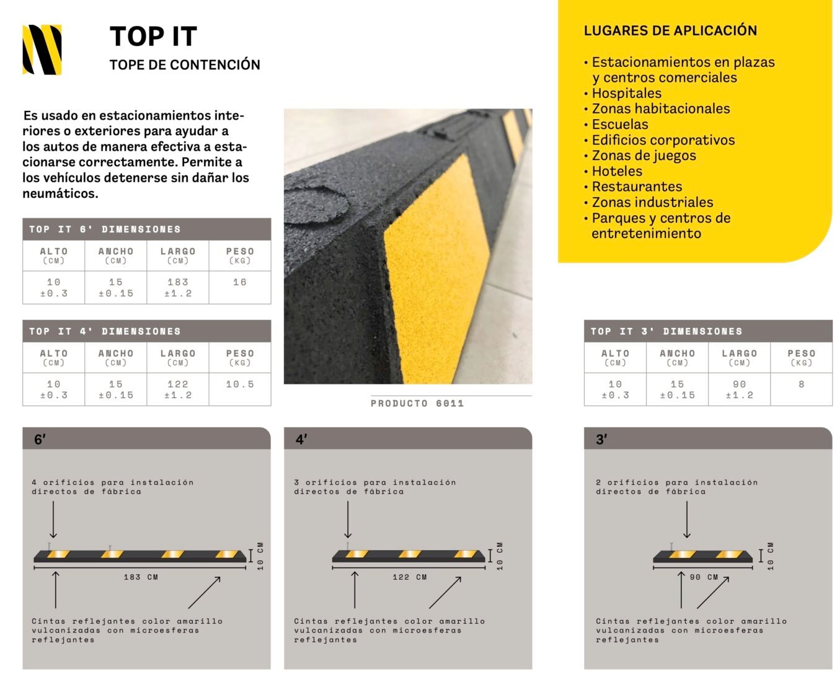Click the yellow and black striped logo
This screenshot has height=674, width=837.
(42, 50)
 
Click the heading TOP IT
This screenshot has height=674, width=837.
(153, 36)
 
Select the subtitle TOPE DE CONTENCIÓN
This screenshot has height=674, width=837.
(185, 64)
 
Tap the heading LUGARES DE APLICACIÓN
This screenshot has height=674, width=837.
(670, 30)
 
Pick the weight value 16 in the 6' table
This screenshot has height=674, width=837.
(240, 282)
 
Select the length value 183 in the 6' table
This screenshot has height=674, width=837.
(178, 282)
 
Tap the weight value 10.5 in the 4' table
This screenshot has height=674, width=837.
(240, 384)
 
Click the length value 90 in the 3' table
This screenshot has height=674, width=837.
(739, 384)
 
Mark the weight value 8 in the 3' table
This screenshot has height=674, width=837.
(801, 384)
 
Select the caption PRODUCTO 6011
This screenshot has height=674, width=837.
(417, 403)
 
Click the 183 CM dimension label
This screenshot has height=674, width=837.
(141, 577)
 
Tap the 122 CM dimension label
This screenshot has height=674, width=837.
(410, 577)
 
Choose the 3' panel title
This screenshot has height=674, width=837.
(601, 440)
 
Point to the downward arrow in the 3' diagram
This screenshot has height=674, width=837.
(687, 520)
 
